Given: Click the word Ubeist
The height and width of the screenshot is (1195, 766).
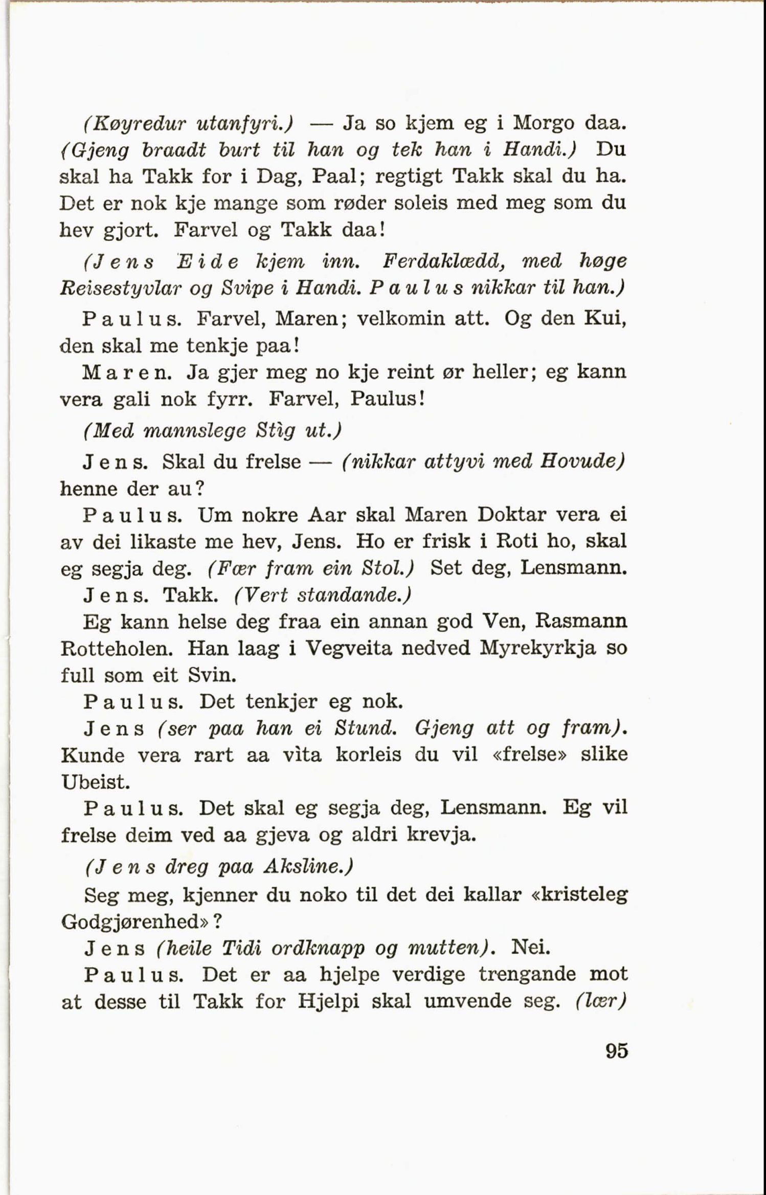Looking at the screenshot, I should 94,782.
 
